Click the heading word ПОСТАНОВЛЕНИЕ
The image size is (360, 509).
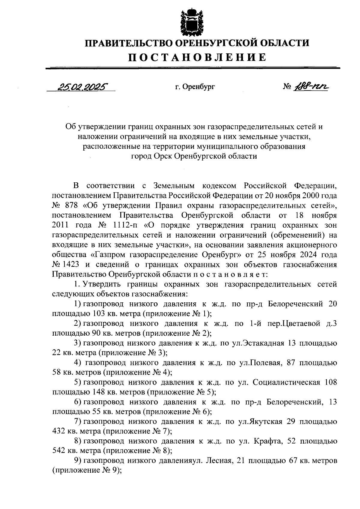197,57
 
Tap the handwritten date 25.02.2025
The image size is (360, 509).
81,87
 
